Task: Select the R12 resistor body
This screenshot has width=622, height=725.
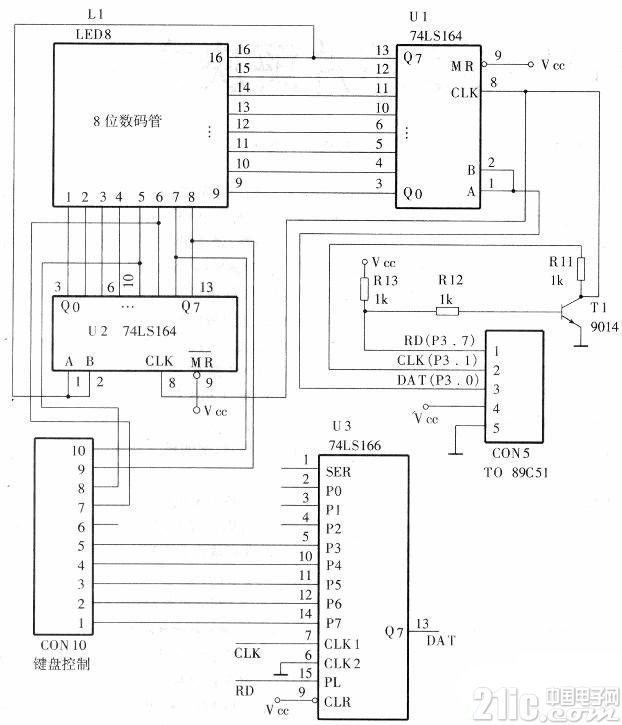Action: pos(447,312)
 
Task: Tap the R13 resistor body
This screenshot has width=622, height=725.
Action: pos(364,289)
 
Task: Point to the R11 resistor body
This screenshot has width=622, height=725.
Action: pos(581,269)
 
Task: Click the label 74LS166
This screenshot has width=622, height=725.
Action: pos(355,445)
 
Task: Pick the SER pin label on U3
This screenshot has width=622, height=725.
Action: pos(338,472)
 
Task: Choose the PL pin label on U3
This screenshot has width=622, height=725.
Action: pos(333,682)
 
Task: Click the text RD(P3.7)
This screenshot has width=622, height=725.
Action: pos(439,341)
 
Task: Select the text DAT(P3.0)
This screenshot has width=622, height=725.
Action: pos(437,380)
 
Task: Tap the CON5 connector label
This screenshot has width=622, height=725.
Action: pos(511,453)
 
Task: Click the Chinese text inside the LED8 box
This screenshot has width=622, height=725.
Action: pos(127,121)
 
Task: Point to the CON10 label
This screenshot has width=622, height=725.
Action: pos(63,645)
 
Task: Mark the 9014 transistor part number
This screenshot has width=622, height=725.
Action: pos(604,327)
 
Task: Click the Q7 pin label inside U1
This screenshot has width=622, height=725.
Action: pos(412,58)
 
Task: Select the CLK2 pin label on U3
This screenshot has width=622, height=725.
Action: pos(342,664)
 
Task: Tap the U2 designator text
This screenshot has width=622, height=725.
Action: pos(98,331)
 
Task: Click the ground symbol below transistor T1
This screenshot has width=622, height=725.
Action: pos(580,343)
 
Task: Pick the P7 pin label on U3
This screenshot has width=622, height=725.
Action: pos(333,623)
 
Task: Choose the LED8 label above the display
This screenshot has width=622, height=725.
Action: pos(93,34)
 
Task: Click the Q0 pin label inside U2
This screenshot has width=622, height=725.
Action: pos(70,307)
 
